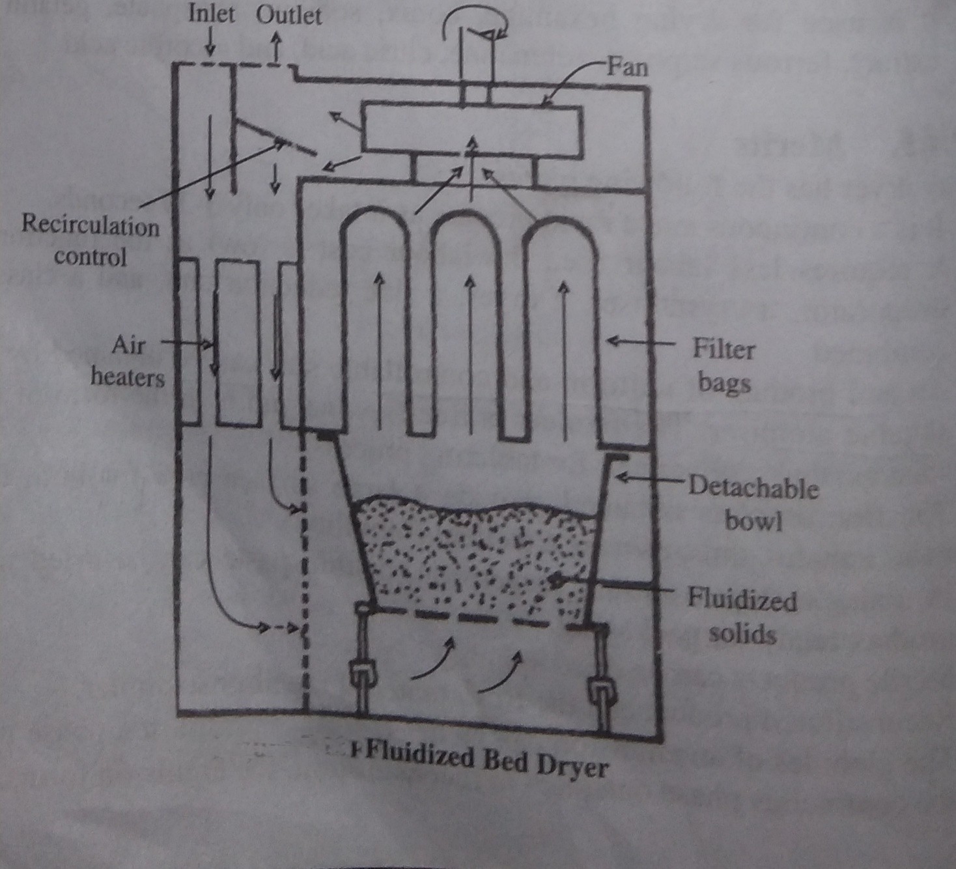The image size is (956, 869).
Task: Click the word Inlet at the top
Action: tap(211, 14)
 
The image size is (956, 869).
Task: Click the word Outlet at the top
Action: tap(288, 15)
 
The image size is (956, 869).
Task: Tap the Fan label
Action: tap(627, 66)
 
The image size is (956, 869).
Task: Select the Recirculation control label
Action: tap(90, 240)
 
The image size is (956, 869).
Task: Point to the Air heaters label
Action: tap(128, 361)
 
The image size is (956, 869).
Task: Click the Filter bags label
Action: tap(724, 365)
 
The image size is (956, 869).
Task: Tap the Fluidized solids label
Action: tap(742, 616)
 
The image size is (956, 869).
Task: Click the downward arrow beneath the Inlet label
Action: tap(210, 44)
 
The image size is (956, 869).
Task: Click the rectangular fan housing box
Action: tap(472, 131)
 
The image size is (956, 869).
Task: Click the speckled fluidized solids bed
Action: tap(475, 554)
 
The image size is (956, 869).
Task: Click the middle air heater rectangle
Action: tap(238, 343)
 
